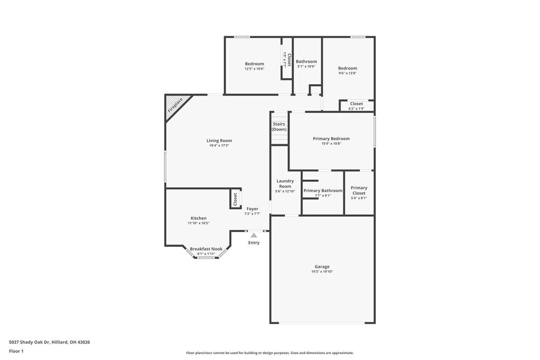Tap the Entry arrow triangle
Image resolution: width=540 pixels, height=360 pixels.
[x=254, y=235]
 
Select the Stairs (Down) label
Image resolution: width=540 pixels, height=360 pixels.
[x=279, y=127]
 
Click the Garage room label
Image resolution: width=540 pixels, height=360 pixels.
[x=322, y=267]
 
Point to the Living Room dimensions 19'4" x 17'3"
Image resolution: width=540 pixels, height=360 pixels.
[x=219, y=146]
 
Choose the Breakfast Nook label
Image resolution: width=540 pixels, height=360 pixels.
[x=206, y=249]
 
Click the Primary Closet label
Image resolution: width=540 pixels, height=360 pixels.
[x=359, y=191]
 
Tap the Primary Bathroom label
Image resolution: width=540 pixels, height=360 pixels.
[x=323, y=191]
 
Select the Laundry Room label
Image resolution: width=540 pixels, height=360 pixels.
[x=285, y=184]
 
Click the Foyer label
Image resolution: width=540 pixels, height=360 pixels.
[x=252, y=209]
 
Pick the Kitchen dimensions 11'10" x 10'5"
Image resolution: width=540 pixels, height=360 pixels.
[x=198, y=223]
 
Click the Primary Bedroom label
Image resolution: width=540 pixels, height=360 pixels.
[x=332, y=139]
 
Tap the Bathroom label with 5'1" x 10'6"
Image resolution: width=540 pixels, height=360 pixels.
[x=307, y=62]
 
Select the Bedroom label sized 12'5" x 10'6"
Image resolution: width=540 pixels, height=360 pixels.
[x=254, y=64]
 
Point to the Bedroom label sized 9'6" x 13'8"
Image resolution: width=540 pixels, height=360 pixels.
[x=348, y=68]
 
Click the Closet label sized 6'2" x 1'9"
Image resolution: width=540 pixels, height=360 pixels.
[x=356, y=104]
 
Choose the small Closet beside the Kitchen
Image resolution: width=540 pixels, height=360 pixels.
[x=235, y=199]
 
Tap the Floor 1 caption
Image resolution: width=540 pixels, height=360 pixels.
[x=16, y=351]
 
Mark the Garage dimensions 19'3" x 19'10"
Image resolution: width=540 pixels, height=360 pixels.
[x=322, y=272]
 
